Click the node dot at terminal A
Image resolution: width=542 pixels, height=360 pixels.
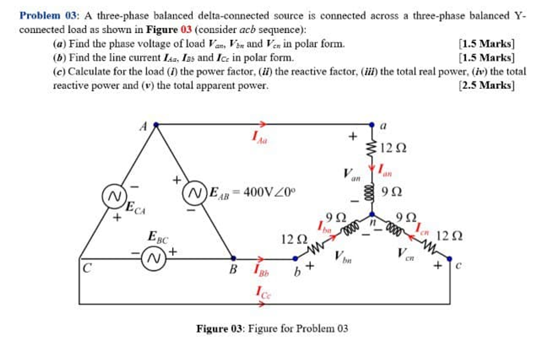(x=156, y=124)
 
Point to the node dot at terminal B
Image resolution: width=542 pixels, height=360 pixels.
(x=234, y=258)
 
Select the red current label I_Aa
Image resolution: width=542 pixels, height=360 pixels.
(x=258, y=138)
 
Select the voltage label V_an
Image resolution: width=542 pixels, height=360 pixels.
(x=352, y=175)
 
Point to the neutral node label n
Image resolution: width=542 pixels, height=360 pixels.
(x=373, y=222)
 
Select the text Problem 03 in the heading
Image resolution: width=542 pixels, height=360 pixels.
(x=42, y=15)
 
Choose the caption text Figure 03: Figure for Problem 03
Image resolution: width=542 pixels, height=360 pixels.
(x=271, y=329)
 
